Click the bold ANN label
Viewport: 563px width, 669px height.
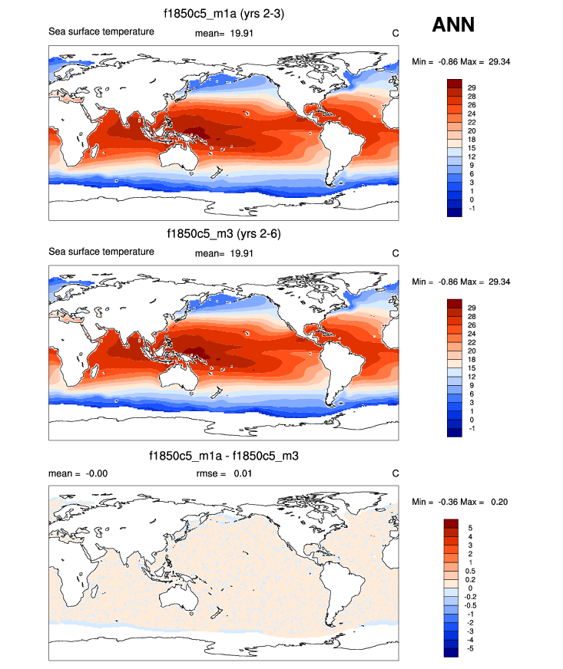click(x=453, y=25)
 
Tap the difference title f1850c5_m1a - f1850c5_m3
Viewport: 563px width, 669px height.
click(x=223, y=456)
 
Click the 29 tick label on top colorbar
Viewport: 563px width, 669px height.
click(x=472, y=87)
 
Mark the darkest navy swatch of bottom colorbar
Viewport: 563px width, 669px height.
click(x=452, y=653)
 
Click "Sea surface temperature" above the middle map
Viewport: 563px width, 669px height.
click(x=101, y=252)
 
